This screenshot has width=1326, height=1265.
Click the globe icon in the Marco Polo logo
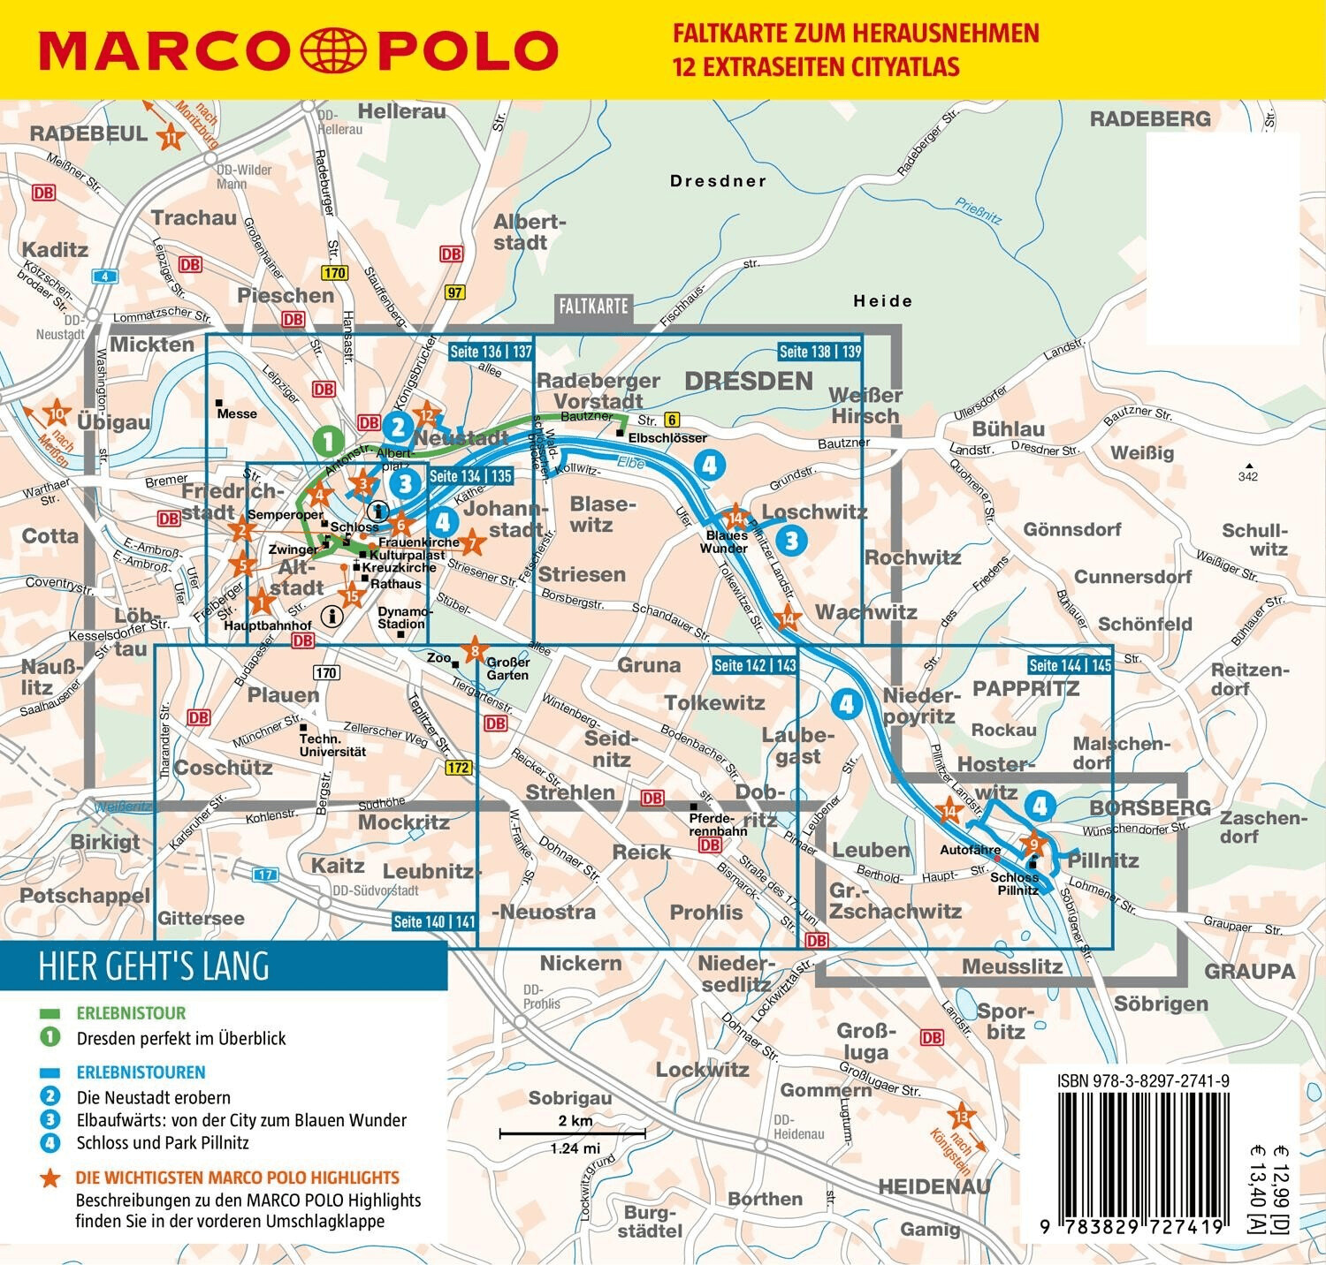click(x=333, y=50)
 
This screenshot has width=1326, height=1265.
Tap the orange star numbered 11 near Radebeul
click(x=170, y=137)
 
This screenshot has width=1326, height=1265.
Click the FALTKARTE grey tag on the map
click(x=593, y=307)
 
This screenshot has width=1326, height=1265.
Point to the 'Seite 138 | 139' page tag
click(x=819, y=351)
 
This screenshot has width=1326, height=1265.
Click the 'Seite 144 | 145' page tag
click(x=1070, y=665)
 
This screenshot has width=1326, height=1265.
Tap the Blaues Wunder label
click(x=726, y=542)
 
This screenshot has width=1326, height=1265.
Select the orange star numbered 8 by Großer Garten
click(x=475, y=652)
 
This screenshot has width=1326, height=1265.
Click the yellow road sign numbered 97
click(x=454, y=292)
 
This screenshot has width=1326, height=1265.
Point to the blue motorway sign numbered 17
click(x=266, y=875)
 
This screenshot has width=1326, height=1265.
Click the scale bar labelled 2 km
click(x=572, y=1132)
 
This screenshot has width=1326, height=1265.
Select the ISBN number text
click(x=1143, y=1080)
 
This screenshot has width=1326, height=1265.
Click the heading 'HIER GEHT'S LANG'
click(x=154, y=966)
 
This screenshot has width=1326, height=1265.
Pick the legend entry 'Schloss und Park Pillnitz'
click(x=163, y=1142)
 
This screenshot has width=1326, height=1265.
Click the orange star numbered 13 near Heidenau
click(x=961, y=1117)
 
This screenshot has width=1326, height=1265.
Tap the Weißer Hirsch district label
click(x=865, y=405)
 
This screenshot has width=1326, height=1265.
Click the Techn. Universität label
click(x=331, y=745)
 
